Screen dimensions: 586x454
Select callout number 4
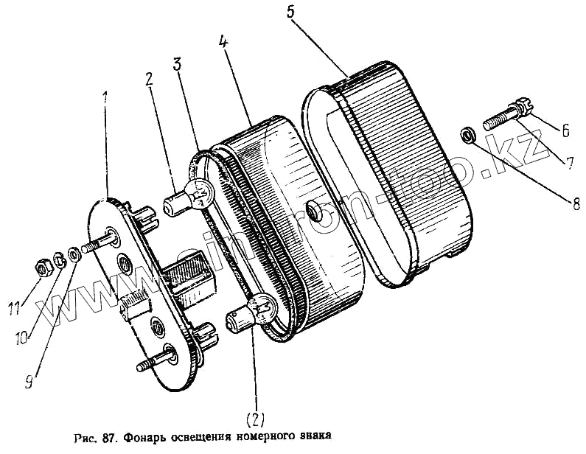tap(223, 41)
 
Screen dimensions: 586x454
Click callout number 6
tap(565, 130)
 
